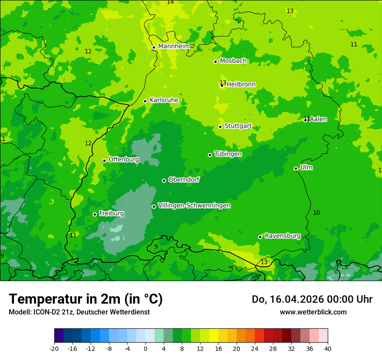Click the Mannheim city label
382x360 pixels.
coord(174,46)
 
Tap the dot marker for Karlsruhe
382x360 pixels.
coord(145,101)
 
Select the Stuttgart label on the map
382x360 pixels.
coord(238,126)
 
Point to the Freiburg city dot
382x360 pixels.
coord(95,215)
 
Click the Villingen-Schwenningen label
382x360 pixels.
coord(194,206)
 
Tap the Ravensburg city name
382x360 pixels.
coord(282,236)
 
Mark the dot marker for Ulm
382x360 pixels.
coord(296,169)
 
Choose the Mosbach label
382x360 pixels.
coord(233,61)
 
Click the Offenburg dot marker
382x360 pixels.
coord(104,160)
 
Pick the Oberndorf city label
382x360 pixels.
coord(184,180)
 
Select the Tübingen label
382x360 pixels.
coord(228,154)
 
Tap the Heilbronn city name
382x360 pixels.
coord(241,85)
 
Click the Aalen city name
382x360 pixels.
coord(318,119)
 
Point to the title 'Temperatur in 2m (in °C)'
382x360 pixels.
coord(86,299)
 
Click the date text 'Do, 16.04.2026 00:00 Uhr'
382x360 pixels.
coord(312,299)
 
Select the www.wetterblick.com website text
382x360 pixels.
coord(313,312)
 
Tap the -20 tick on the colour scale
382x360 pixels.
coord(54,348)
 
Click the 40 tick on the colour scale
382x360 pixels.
coord(327,348)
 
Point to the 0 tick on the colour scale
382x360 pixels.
coord(145,348)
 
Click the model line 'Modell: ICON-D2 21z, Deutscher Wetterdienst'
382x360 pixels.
coord(79,312)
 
